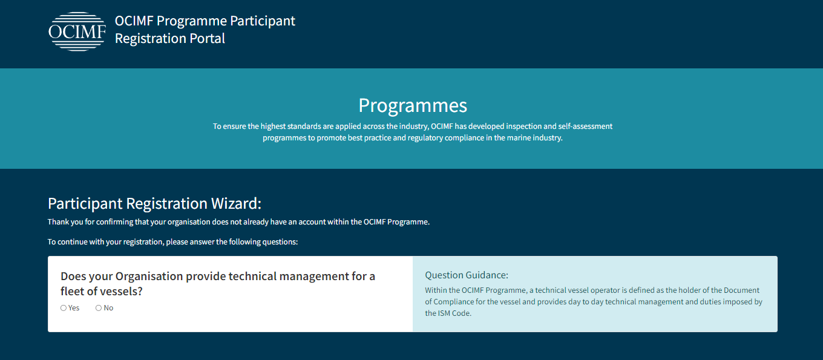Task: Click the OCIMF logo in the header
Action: [77, 31]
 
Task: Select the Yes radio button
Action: [64, 308]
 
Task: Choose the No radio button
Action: [99, 308]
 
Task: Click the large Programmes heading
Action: [413, 106]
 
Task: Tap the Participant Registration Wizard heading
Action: [154, 203]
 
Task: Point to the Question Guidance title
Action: [467, 275]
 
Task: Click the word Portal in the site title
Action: [207, 39]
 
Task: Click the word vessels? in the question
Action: [121, 291]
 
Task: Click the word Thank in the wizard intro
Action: [57, 222]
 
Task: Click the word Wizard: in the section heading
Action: [236, 203]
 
